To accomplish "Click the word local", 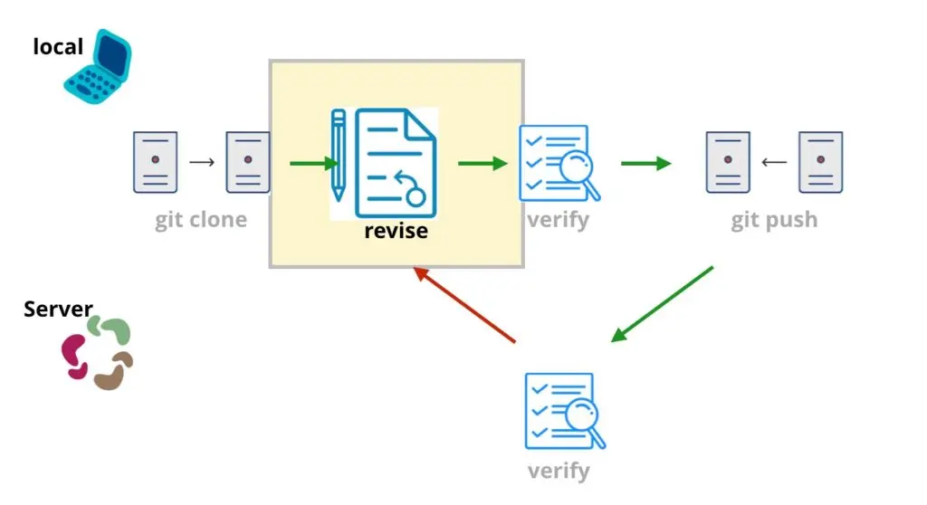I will (58, 46).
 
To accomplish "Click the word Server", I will (58, 310).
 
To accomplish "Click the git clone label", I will (200, 221).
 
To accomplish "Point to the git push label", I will (774, 221).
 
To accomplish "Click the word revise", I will (396, 231).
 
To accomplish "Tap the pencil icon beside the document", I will (339, 155).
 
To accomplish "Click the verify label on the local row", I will (559, 220).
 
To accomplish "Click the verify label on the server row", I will (559, 472).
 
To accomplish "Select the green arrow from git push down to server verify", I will (663, 304).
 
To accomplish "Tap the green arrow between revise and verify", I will (482, 164).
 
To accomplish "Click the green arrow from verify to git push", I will (645, 164).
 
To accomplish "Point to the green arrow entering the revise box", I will (313, 164).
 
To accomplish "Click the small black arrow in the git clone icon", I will (202, 163).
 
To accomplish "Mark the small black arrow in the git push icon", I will (774, 163).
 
